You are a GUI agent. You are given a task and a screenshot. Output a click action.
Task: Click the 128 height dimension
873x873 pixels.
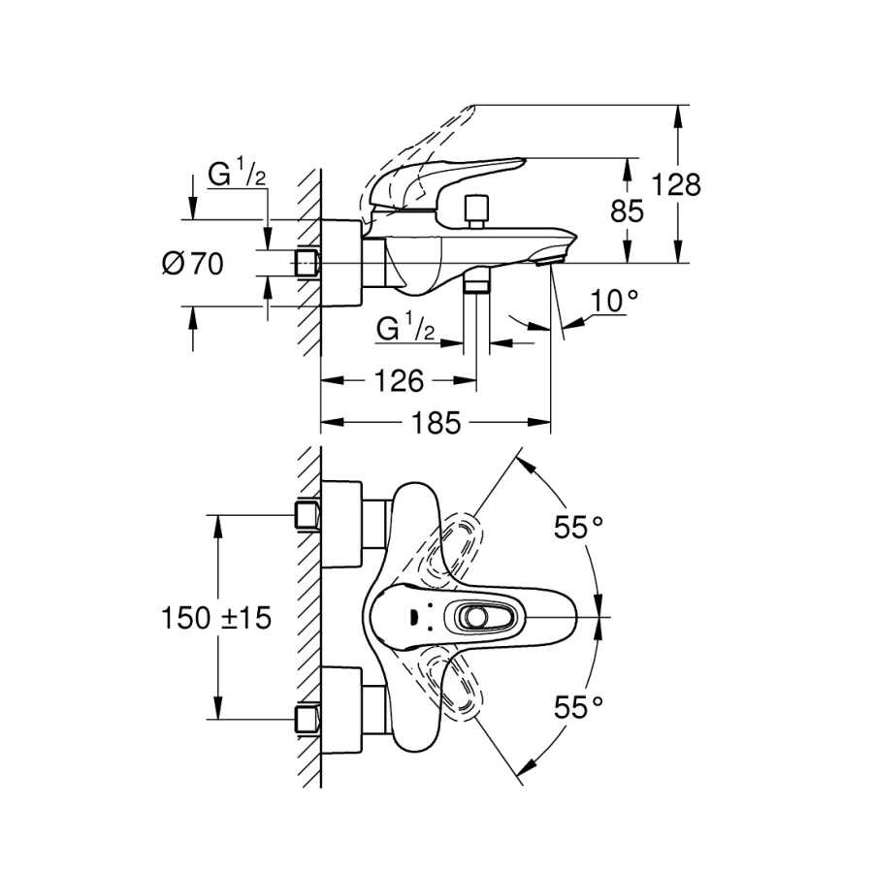pos(676,184)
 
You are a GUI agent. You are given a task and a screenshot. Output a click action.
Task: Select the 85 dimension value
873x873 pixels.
pos(627,211)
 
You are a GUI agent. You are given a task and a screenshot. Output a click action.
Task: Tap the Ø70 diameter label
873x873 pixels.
pos(193,263)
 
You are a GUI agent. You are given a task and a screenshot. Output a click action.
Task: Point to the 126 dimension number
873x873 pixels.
pos(400,381)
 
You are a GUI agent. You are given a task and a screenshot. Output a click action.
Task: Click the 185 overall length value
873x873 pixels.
pos(436,423)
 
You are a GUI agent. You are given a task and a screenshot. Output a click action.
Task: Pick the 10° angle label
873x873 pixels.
pos(614,301)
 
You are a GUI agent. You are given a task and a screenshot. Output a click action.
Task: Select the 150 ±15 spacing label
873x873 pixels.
pos(216,618)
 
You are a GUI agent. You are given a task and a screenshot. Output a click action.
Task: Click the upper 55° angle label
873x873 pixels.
pos(578,527)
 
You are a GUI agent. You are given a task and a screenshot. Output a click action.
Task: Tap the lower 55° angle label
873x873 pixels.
pos(578,708)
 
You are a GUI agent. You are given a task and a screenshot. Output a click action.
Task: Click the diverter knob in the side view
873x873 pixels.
pos(476,211)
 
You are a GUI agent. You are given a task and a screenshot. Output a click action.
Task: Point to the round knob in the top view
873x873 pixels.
pos(476,617)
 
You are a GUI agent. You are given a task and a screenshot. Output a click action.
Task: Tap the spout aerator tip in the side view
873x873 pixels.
pos(550,259)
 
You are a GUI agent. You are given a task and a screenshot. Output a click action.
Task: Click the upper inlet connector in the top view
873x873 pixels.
pos(307,515)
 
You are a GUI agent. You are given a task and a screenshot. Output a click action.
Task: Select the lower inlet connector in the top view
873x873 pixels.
pos(307,720)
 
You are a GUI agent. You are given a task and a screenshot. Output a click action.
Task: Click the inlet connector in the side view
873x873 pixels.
pos(307,263)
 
